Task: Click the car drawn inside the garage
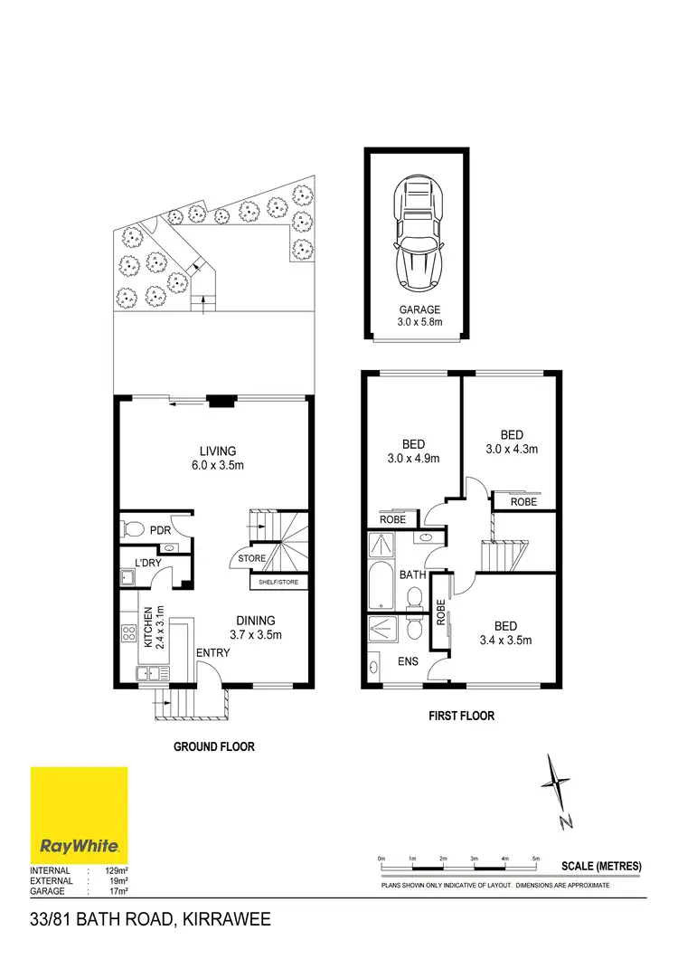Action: point(418,234)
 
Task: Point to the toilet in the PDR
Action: point(134,529)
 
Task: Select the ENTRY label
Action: point(212,653)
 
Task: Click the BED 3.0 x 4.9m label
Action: point(413,451)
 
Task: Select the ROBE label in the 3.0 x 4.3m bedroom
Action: point(523,501)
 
